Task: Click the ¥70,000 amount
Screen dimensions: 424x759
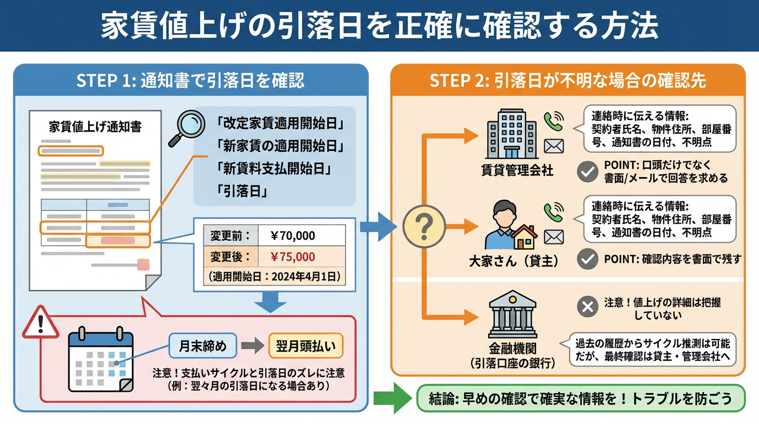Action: pyautogui.click(x=293, y=236)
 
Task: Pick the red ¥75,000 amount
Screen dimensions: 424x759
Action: pyautogui.click(x=293, y=257)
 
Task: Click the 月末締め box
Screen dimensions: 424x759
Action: pyautogui.click(x=202, y=346)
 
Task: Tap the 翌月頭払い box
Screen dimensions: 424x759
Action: pyautogui.click(x=306, y=346)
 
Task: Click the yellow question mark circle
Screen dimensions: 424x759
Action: pyautogui.click(x=424, y=226)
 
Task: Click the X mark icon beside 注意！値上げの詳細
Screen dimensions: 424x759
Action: pyautogui.click(x=587, y=307)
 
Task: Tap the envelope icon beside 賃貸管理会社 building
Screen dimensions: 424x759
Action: pyautogui.click(x=554, y=146)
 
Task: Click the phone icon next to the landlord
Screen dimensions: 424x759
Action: pyautogui.click(x=554, y=211)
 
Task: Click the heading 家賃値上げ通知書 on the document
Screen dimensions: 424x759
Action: pyautogui.click(x=95, y=127)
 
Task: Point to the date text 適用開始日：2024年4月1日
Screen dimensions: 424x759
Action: pyautogui.click(x=274, y=276)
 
